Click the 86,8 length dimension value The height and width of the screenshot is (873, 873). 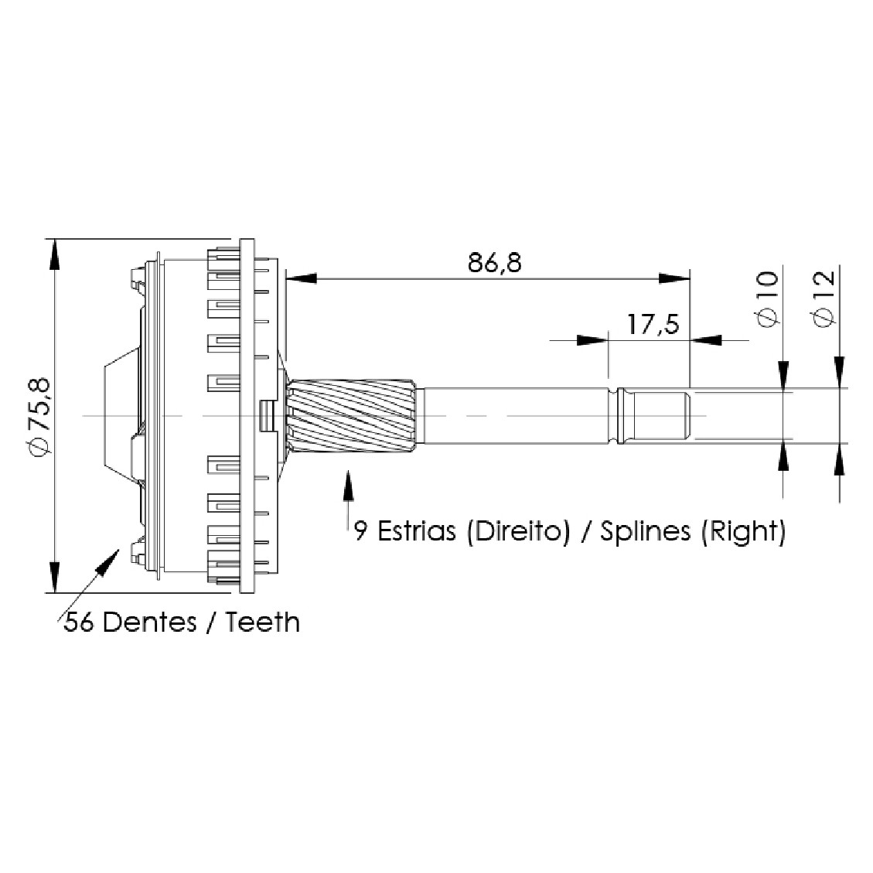494,263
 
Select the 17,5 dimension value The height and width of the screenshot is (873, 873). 653,324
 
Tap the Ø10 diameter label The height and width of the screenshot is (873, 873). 768,299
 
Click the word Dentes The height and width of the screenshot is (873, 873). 150,622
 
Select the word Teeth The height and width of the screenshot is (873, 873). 262,622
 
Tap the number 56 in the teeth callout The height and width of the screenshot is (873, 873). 78,622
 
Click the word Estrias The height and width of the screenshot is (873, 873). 417,531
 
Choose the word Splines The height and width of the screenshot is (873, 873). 646,532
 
